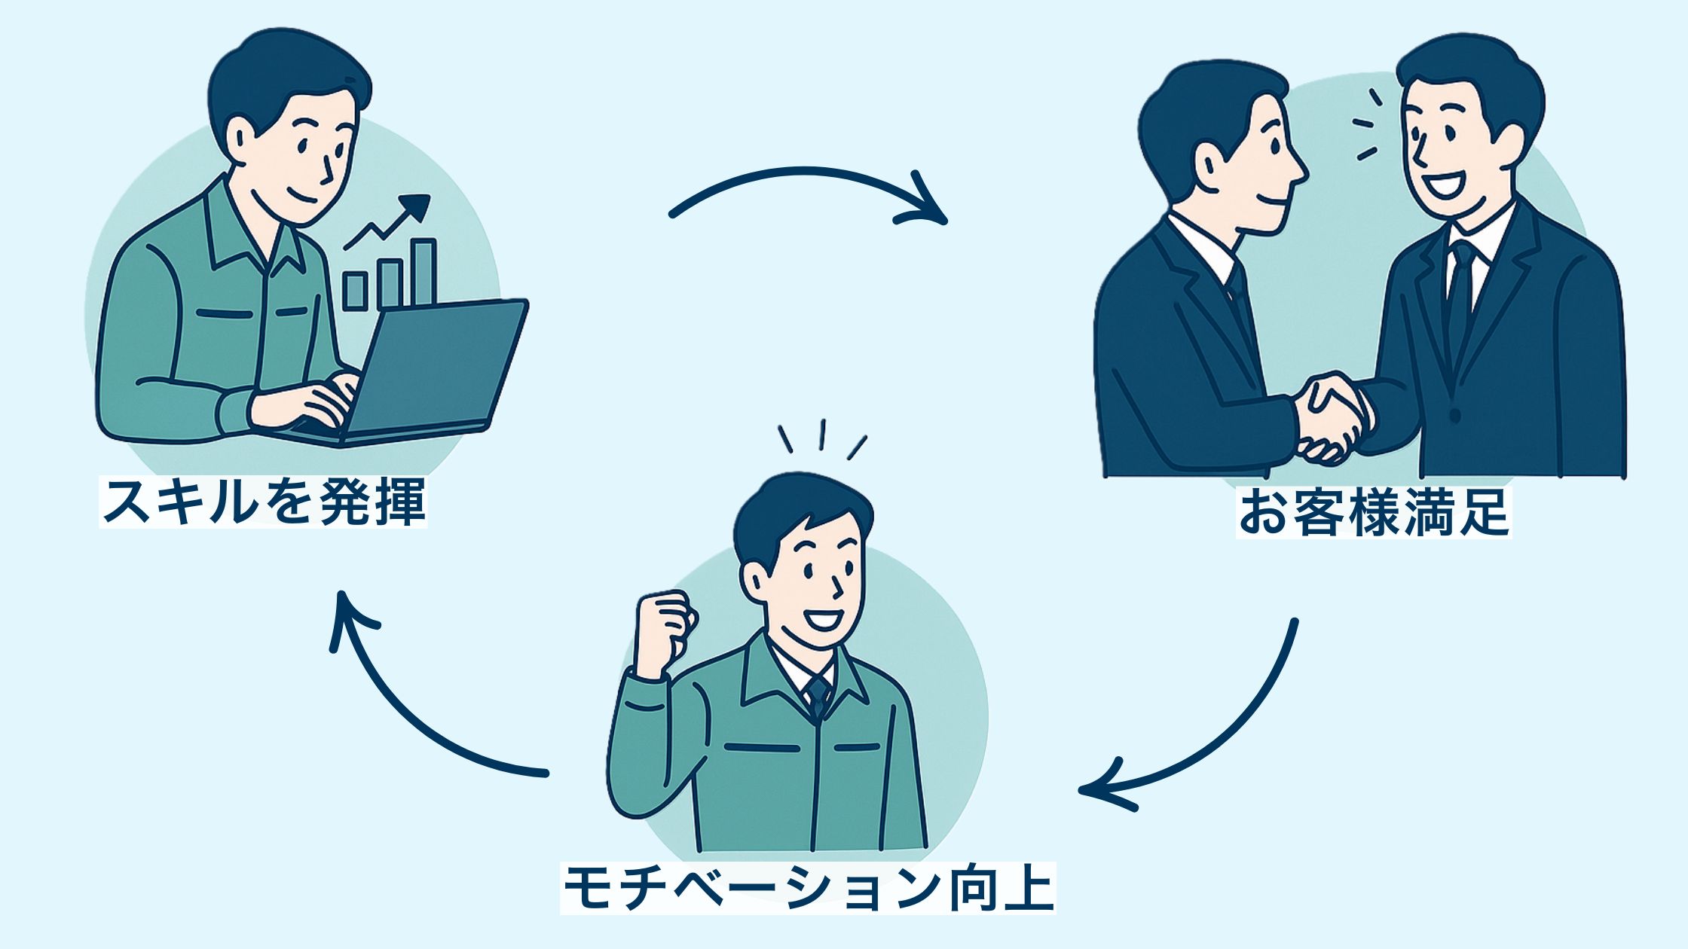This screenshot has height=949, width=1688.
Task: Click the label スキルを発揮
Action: pos(263,502)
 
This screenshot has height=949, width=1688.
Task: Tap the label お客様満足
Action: pos(1374,513)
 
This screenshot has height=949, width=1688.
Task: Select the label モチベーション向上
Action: pos(808,889)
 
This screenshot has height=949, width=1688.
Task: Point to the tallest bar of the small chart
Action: pos(424,273)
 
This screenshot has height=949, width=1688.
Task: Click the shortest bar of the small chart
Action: pos(355,291)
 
